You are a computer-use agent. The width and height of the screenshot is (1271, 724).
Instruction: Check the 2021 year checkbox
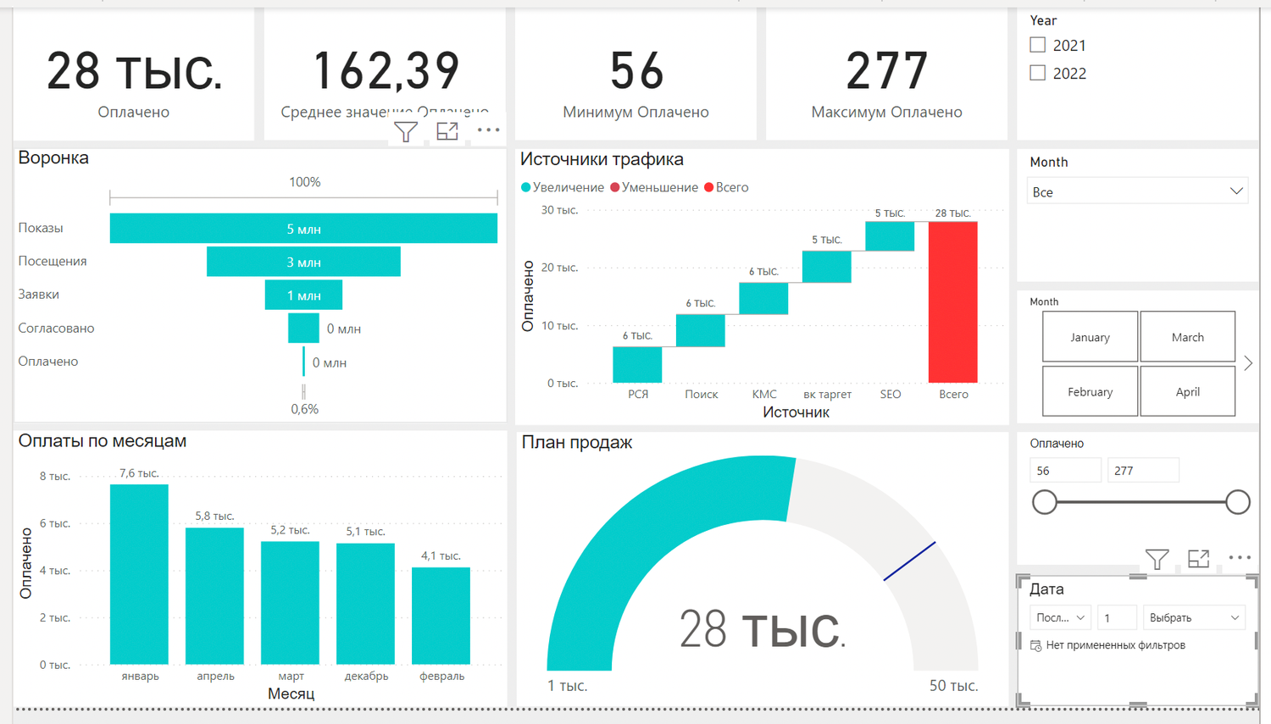tap(1038, 45)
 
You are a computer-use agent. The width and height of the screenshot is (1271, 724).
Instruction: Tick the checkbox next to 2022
tap(1038, 73)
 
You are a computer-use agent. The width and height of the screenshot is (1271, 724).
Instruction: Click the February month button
tap(1090, 391)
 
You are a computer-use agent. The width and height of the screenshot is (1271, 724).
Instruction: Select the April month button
tap(1187, 391)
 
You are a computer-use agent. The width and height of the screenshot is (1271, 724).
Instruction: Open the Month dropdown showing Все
tap(1137, 191)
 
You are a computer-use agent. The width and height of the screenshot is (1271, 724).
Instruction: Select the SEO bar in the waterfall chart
tap(890, 236)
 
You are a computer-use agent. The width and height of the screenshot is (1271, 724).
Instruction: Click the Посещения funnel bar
tap(303, 262)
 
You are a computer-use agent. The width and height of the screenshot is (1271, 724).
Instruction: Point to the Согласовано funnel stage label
tap(56, 329)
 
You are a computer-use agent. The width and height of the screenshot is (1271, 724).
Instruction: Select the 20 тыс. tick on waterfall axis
tap(559, 268)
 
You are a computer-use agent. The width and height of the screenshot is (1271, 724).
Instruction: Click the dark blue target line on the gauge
tap(909, 561)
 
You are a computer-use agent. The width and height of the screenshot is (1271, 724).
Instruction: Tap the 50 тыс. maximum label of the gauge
tap(953, 686)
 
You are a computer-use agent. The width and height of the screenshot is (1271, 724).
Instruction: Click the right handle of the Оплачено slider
tap(1237, 502)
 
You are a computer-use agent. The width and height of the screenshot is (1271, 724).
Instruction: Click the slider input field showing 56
tap(1064, 471)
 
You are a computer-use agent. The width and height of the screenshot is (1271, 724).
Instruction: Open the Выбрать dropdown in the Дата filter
tap(1194, 618)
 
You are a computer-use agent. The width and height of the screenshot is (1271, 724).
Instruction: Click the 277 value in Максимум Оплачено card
tap(886, 71)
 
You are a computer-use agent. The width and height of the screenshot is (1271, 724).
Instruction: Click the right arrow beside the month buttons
tap(1248, 363)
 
